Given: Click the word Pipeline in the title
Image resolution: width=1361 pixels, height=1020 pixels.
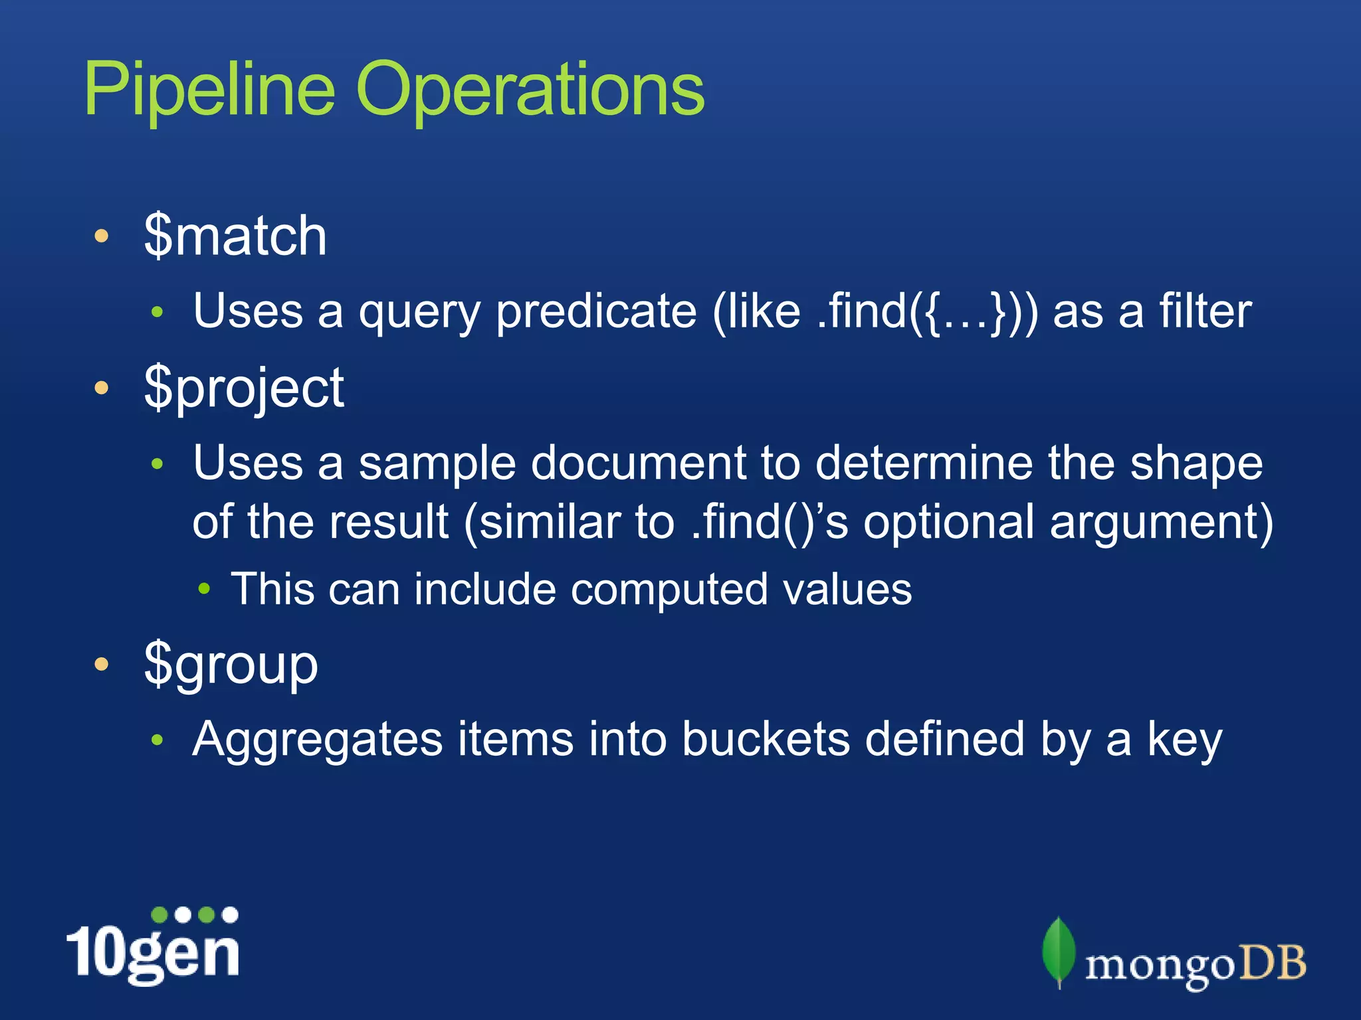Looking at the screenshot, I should (x=209, y=90).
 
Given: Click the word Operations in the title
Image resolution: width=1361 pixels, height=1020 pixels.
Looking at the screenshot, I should (x=530, y=90).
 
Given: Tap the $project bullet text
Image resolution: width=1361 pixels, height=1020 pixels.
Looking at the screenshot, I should (x=244, y=388).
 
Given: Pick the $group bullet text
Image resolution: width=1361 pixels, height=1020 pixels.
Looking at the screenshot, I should (x=231, y=665).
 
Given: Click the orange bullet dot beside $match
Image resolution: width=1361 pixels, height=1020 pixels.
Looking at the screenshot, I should (x=101, y=236).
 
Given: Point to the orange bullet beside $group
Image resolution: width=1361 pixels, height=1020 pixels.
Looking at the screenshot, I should (x=101, y=664).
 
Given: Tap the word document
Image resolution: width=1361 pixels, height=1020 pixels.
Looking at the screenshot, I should (x=638, y=463).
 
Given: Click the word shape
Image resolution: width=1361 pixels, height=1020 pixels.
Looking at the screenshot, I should (x=1196, y=464).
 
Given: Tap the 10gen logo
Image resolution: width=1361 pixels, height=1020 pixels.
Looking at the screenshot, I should (x=153, y=946).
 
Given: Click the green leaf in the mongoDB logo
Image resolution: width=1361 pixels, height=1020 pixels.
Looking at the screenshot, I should (x=1058, y=951).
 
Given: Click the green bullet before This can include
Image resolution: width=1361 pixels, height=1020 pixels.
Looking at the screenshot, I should (x=205, y=588).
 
